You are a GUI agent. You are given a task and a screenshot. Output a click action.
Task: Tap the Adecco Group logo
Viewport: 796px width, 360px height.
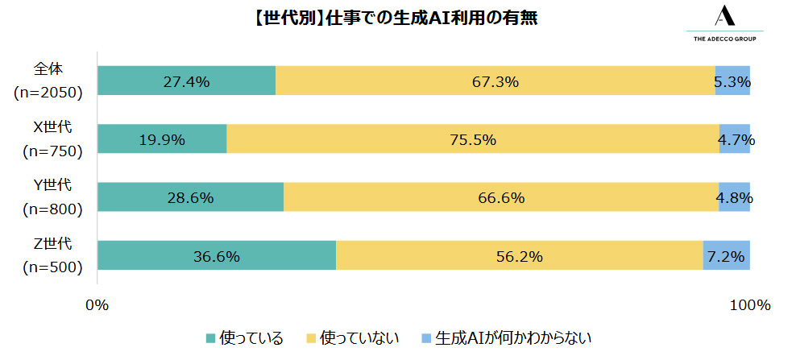tap(723, 25)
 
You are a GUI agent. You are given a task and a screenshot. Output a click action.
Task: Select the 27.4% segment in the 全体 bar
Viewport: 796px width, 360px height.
tap(186, 81)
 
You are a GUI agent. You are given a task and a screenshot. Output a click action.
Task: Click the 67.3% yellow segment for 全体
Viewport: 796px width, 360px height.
tap(495, 81)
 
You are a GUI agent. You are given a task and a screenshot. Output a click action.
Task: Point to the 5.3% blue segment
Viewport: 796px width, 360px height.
tap(732, 81)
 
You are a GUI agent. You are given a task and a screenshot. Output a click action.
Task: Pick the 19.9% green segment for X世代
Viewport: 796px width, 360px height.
tap(162, 139)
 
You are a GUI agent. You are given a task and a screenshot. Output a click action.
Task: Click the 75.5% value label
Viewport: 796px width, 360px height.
tap(473, 139)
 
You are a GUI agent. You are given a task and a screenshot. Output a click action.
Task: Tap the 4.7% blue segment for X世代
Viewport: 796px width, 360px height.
tap(735, 139)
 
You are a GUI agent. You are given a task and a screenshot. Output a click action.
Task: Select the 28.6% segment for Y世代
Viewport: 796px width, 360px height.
tap(190, 197)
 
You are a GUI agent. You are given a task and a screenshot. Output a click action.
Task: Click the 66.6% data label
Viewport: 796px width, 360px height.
tap(501, 197)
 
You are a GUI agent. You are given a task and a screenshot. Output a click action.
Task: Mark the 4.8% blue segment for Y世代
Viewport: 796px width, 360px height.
tap(734, 197)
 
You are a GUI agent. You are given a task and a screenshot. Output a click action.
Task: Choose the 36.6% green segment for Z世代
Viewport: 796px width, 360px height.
tap(216, 256)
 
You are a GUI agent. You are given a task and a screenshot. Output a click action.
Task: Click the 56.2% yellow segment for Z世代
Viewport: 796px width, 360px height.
tap(519, 256)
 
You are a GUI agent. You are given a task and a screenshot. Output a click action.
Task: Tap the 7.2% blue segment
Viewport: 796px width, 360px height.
tap(727, 256)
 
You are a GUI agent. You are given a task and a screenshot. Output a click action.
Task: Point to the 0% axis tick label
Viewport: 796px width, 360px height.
tap(97, 305)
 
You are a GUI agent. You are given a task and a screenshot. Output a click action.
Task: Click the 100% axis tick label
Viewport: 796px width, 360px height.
tap(751, 305)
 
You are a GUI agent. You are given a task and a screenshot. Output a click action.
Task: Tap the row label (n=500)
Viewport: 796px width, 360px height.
tap(50, 267)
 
